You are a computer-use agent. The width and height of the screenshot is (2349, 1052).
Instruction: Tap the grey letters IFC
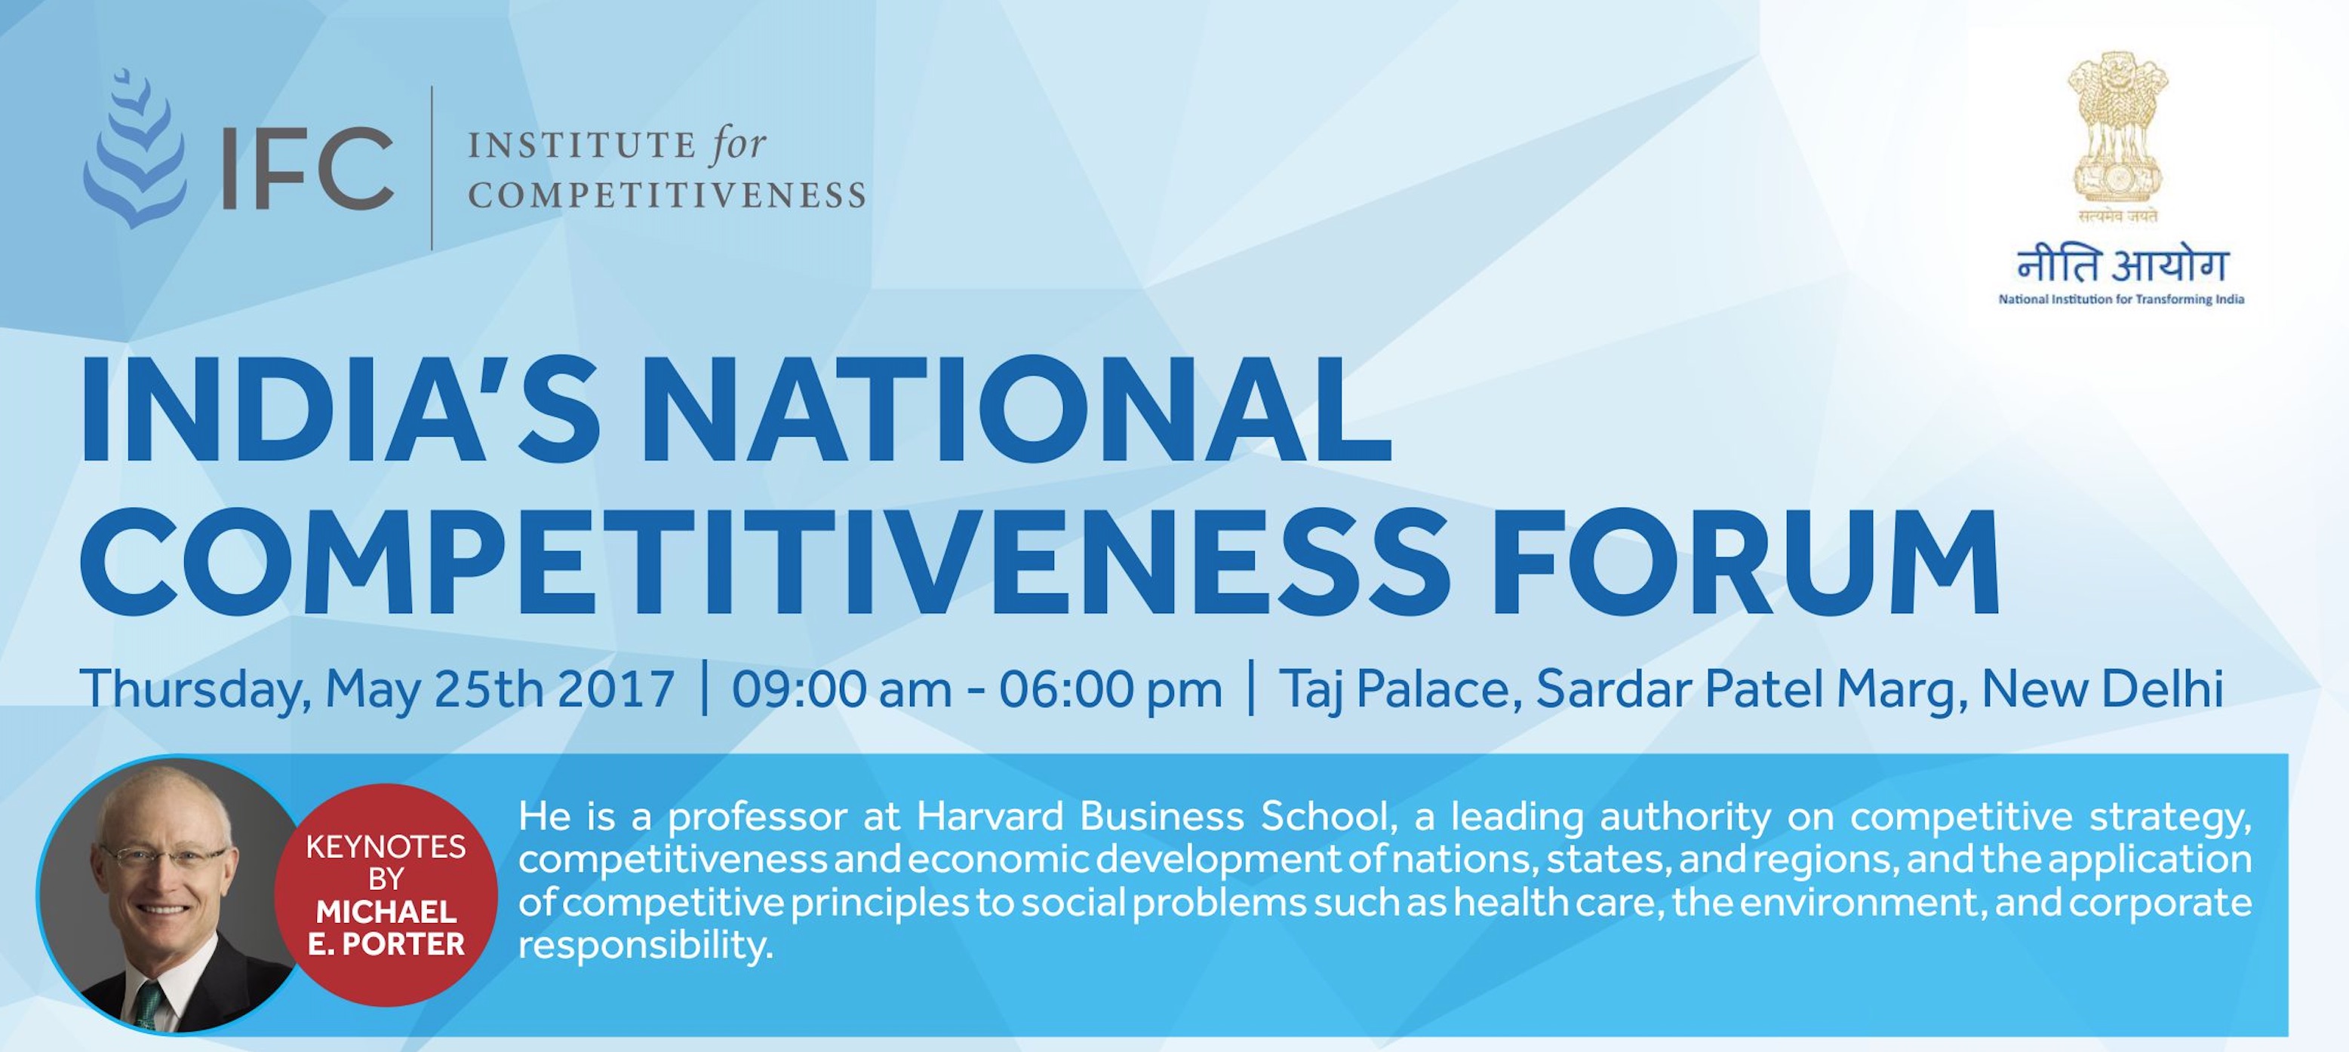pos(307,167)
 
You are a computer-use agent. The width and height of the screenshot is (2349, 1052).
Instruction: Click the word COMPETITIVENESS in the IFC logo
pos(666,194)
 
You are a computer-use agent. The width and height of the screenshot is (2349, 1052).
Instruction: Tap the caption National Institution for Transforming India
pos(2121,299)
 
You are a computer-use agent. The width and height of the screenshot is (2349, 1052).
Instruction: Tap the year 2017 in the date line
pos(616,689)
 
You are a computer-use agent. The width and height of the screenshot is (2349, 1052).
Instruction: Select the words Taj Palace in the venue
pos(1394,689)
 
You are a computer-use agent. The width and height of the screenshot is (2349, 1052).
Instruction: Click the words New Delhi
pos(2102,689)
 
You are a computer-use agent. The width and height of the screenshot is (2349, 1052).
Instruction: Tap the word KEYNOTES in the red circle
pos(386,847)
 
